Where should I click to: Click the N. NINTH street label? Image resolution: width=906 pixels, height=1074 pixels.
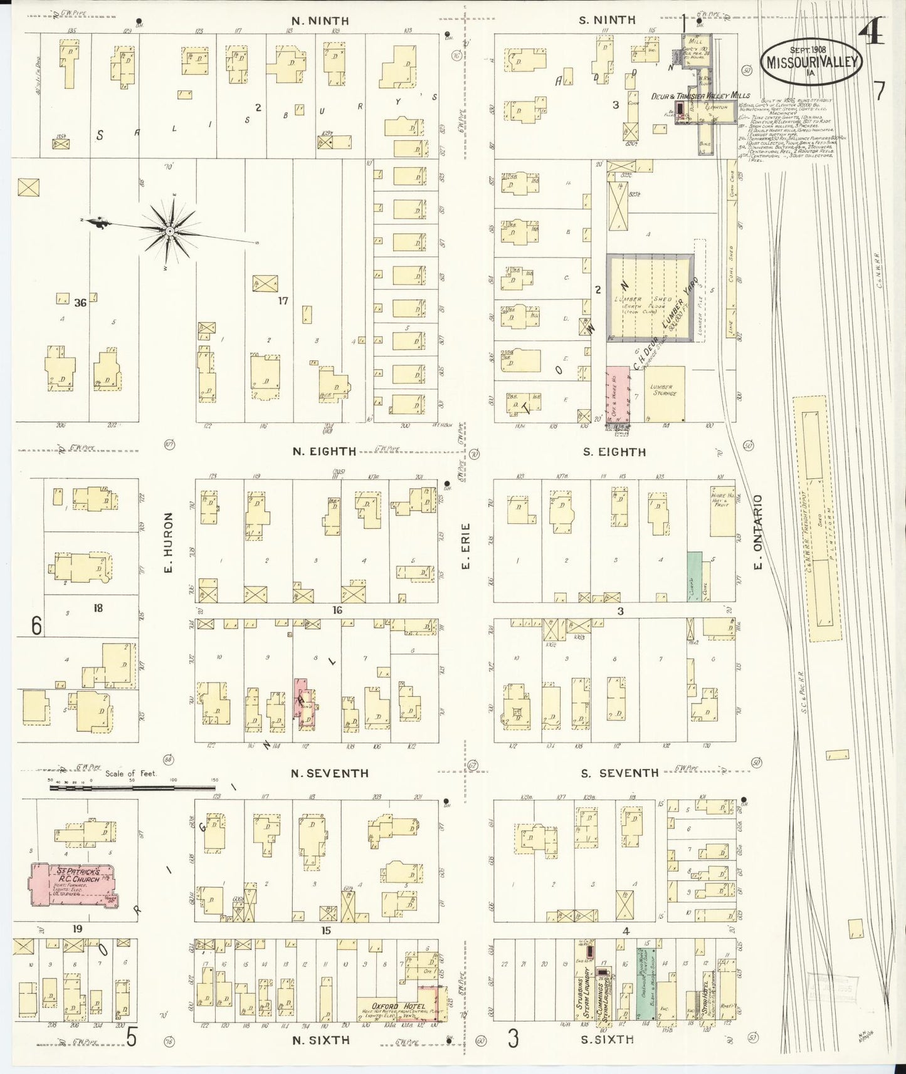tap(320, 21)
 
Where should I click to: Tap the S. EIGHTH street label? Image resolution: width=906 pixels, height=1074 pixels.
tap(614, 452)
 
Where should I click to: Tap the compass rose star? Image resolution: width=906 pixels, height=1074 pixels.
tap(169, 232)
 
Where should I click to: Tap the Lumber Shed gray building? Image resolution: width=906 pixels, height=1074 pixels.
tap(650, 298)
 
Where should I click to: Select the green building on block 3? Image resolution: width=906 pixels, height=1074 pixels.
tap(694, 577)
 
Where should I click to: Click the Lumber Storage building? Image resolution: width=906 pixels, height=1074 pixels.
tap(664, 394)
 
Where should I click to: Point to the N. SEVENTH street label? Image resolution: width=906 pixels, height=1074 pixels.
tap(320, 774)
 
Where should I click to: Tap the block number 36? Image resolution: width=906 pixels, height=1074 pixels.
tap(80, 303)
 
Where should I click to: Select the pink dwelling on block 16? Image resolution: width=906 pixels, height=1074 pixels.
tap(304, 703)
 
